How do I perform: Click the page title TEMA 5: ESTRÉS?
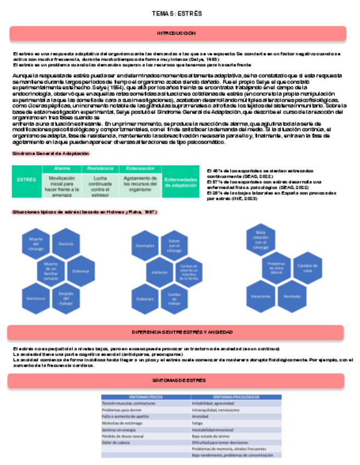[x=177, y=13]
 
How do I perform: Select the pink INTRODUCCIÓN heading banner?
[x=177, y=33]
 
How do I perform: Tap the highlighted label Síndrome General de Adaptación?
[x=50, y=154]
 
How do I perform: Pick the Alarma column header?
[x=61, y=168]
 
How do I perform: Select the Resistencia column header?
[x=100, y=168]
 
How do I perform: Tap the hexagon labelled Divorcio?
[x=66, y=243]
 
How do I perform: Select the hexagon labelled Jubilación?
[x=160, y=272]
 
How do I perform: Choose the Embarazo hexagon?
[x=144, y=299]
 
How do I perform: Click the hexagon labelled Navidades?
[x=292, y=297]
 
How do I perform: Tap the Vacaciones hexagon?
[x=261, y=297]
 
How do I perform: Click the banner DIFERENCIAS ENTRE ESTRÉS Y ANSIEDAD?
[x=177, y=332]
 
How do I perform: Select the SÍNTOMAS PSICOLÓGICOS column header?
[x=236, y=396]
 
